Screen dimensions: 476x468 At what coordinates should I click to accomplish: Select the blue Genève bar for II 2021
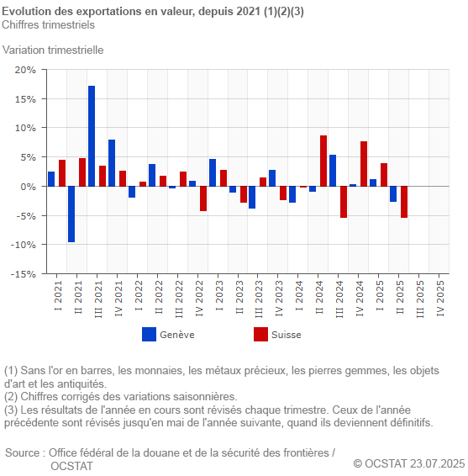pos(71,214)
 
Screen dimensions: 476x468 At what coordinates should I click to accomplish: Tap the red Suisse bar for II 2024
pos(323,161)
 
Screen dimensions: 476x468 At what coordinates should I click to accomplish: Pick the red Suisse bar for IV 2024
pos(364,163)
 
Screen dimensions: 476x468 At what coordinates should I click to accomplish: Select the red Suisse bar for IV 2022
pos(203,198)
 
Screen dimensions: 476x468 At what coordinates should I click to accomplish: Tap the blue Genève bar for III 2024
pos(333,170)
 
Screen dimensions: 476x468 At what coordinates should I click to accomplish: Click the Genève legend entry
pos(168,335)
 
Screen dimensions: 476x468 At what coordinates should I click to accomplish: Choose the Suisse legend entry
pos(277,335)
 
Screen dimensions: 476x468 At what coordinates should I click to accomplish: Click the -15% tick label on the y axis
pos(23,274)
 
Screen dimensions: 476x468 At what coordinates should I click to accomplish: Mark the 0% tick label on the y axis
pos(28,187)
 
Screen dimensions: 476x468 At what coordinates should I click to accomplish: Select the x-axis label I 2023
pos(218,299)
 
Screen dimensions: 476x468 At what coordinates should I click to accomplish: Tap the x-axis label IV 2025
pos(440,298)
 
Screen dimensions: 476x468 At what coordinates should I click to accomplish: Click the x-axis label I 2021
pos(57,299)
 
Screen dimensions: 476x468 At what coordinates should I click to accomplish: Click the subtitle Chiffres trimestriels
pos(48,24)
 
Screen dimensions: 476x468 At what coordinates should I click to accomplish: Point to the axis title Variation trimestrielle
pos(53,50)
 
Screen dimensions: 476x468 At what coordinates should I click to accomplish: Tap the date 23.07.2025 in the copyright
pos(437,463)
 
